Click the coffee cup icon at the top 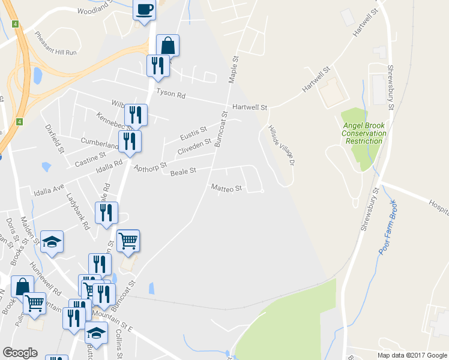point(144,10)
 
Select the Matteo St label point(226,188)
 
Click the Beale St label point(183,172)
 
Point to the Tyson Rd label point(171,94)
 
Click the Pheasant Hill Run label point(56,43)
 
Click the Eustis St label point(194,130)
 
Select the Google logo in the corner point(20,353)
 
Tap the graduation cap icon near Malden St point(52,241)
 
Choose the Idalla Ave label point(49,190)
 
